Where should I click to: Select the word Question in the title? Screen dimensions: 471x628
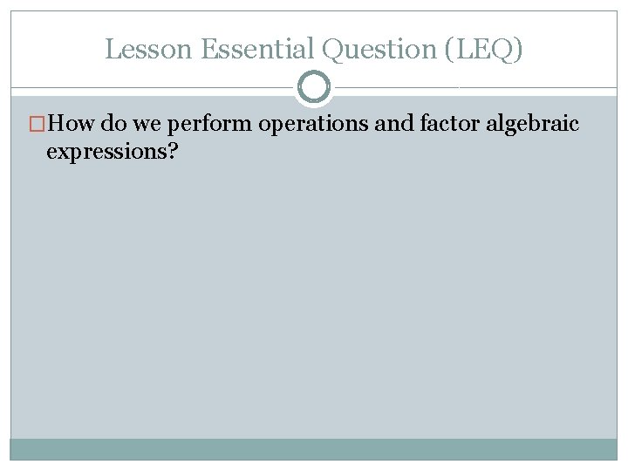(379, 50)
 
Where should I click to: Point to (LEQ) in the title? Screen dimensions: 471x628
(483, 50)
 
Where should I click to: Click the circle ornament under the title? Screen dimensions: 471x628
(314, 87)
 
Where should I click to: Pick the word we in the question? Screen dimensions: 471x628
(146, 124)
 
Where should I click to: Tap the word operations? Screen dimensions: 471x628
(313, 124)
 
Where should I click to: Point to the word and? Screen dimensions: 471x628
(393, 124)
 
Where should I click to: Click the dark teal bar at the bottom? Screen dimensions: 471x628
(314, 449)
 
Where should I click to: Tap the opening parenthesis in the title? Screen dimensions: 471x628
(449, 50)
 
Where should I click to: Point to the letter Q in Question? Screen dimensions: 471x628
(333, 50)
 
